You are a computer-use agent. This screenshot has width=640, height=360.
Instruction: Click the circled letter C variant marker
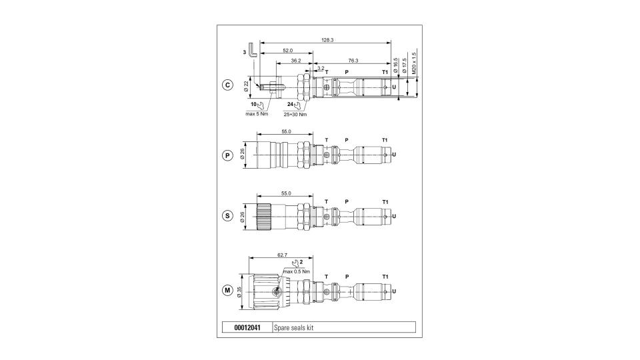click(x=227, y=85)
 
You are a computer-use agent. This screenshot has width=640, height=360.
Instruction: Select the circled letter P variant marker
click(x=227, y=155)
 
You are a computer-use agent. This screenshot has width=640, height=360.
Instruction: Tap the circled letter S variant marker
click(x=227, y=215)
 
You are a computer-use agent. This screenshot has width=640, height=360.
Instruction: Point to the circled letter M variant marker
click(x=227, y=290)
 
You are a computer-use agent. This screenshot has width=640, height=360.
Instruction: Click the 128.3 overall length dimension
click(x=327, y=40)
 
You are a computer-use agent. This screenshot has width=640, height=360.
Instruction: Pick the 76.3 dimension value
click(x=353, y=61)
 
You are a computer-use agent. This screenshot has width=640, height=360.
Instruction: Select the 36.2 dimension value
click(x=295, y=61)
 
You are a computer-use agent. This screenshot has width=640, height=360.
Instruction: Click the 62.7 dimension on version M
click(x=282, y=255)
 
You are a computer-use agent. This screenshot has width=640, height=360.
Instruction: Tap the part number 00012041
click(x=247, y=327)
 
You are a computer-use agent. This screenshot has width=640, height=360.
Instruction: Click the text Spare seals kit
click(x=294, y=327)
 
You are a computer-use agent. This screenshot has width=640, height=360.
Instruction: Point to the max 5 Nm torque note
click(x=257, y=114)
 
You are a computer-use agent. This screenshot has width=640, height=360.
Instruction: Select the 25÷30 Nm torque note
click(x=295, y=114)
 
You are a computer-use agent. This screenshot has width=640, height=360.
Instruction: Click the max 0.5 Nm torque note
click(x=296, y=271)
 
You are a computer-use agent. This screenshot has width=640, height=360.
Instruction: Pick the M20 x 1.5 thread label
click(x=414, y=63)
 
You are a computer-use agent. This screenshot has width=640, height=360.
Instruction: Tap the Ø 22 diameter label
click(x=246, y=86)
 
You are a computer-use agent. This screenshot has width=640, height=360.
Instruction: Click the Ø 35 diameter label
click(x=239, y=292)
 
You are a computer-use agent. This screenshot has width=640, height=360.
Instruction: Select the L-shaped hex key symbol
click(x=253, y=50)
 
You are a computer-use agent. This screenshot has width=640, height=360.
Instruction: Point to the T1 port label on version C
click(x=385, y=72)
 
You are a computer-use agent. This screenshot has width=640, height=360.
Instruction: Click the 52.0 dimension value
click(x=288, y=51)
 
